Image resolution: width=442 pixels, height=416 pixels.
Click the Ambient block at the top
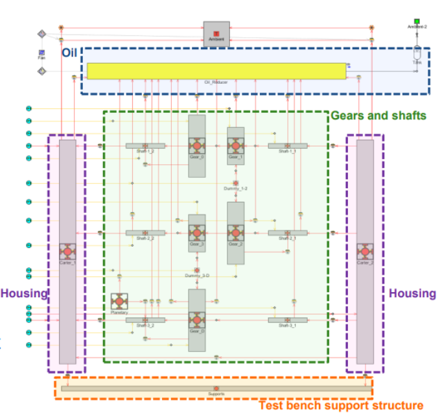click(x=216, y=33)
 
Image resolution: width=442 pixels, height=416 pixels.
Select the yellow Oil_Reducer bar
click(x=217, y=71)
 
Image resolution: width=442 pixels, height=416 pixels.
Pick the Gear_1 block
click(x=235, y=144)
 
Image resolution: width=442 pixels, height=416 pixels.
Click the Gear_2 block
click(x=235, y=232)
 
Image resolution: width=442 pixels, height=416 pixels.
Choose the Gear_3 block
click(x=196, y=232)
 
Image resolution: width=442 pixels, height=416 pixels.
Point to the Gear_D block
click(x=196, y=319)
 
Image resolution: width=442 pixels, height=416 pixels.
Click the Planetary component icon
click(x=119, y=301)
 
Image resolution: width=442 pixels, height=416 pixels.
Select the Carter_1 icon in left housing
click(x=67, y=251)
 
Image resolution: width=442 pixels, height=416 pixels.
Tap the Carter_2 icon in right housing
click(x=365, y=251)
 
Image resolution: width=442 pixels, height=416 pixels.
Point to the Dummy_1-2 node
click(x=235, y=184)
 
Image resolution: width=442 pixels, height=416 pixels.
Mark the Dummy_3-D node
click(x=196, y=270)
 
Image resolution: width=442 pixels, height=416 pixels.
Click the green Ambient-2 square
click(x=417, y=21)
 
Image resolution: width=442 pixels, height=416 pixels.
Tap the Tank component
click(x=417, y=56)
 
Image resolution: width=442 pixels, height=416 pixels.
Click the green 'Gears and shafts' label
click(x=378, y=116)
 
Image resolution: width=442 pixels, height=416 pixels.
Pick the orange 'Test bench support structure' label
click(x=341, y=406)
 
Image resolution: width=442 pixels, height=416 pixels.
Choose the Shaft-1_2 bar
click(x=145, y=146)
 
